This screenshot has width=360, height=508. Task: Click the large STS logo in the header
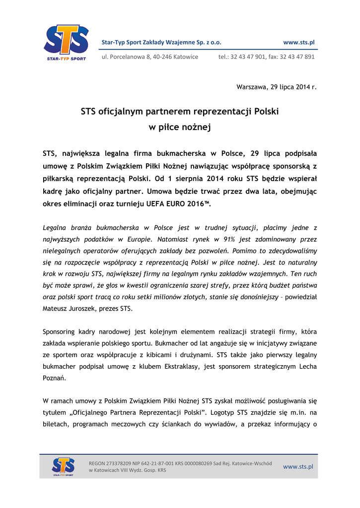66,42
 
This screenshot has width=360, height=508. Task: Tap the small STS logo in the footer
63,466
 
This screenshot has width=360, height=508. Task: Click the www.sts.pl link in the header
298,42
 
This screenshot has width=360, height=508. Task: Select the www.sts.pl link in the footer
298,466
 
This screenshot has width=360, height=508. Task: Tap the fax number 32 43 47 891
297,57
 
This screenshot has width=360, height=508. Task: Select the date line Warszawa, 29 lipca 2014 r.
276,87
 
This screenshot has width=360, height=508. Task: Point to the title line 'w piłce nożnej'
180,127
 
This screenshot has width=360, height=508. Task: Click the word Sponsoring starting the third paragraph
59,331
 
